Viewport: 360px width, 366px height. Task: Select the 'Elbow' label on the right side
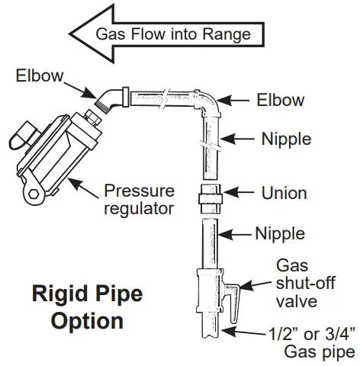point(280,100)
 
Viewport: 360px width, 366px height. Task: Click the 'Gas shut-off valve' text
point(300,282)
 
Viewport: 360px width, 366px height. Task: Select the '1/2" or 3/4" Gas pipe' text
point(309,342)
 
